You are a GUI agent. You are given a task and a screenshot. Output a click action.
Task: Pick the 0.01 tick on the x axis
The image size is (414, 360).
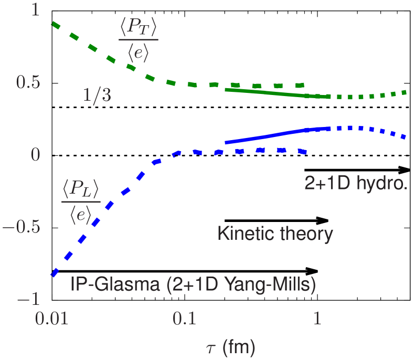coord(52,319)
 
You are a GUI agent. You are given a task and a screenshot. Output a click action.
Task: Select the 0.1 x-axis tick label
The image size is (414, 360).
coord(185,319)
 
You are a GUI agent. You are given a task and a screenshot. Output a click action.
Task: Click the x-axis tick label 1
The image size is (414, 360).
coord(317,319)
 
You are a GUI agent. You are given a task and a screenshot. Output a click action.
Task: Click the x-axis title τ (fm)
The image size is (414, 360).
coord(229,347)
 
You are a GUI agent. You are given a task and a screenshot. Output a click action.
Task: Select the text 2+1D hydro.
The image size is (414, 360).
coord(356,182)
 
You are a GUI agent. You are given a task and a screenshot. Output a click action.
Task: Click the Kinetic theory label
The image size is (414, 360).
coord(275,234)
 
